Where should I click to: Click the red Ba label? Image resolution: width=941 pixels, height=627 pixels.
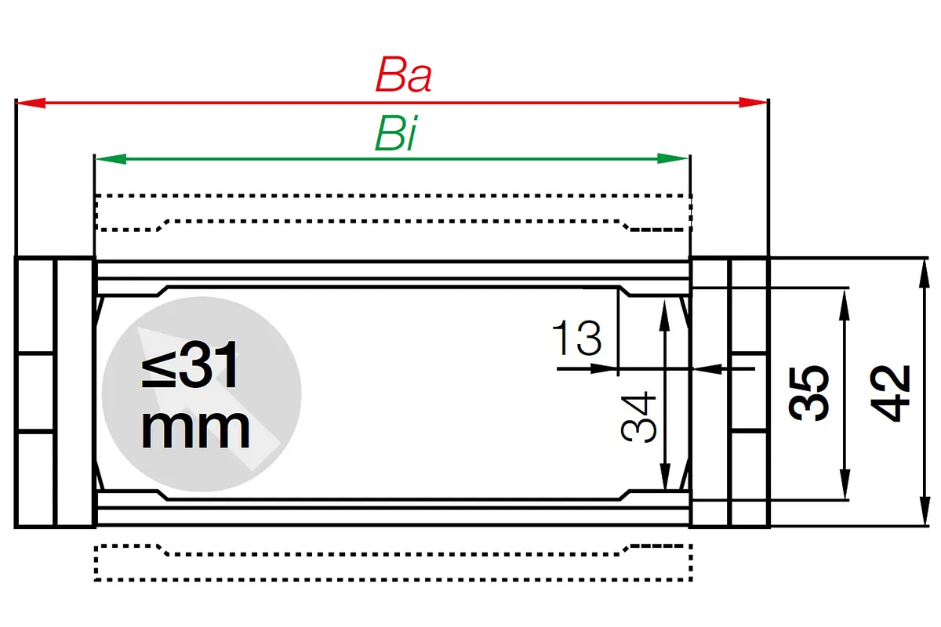[403, 74]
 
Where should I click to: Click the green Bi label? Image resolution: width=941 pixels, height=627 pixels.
[396, 133]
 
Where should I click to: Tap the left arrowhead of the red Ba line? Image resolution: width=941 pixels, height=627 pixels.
[31, 103]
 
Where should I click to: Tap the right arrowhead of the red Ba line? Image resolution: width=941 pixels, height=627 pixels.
[754, 103]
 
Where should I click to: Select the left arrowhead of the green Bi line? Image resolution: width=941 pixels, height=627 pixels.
[111, 159]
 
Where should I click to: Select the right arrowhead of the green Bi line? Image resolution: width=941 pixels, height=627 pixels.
[673, 159]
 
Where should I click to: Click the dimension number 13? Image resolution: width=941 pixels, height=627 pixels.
[577, 337]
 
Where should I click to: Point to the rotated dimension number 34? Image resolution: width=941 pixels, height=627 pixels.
[638, 417]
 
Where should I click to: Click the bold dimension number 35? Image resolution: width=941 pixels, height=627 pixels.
[808, 393]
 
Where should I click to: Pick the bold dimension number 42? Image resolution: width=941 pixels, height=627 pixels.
[889, 393]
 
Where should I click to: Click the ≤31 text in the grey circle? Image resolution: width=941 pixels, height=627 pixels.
[190, 365]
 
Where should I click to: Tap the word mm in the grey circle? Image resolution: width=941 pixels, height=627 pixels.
[195, 429]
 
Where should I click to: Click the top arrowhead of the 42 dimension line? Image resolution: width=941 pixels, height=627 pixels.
[924, 274]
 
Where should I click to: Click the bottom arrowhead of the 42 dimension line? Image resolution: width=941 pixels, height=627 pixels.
[925, 511]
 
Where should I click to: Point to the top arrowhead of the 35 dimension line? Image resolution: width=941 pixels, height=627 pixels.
[845, 304]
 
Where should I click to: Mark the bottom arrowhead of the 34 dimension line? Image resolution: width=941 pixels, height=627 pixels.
[665, 476]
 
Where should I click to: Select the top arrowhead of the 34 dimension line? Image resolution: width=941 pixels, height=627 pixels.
[664, 316]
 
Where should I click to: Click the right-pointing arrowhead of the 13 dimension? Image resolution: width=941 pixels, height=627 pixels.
[604, 369]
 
